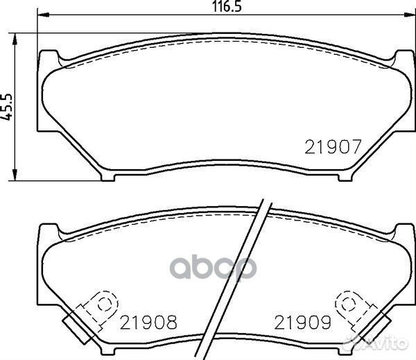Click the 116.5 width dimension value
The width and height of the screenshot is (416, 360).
pyautogui.click(x=227, y=7)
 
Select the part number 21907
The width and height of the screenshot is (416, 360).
pyautogui.click(x=333, y=147)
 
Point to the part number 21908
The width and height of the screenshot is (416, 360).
pyautogui.click(x=148, y=323)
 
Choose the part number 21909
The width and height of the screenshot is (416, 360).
pyautogui.click(x=303, y=323)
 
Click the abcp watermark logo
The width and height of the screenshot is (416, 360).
pyautogui.click(x=213, y=267)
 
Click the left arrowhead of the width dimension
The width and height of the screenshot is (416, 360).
pyautogui.click(x=43, y=15)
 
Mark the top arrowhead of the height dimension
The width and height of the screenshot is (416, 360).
pyautogui.click(x=15, y=40)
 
